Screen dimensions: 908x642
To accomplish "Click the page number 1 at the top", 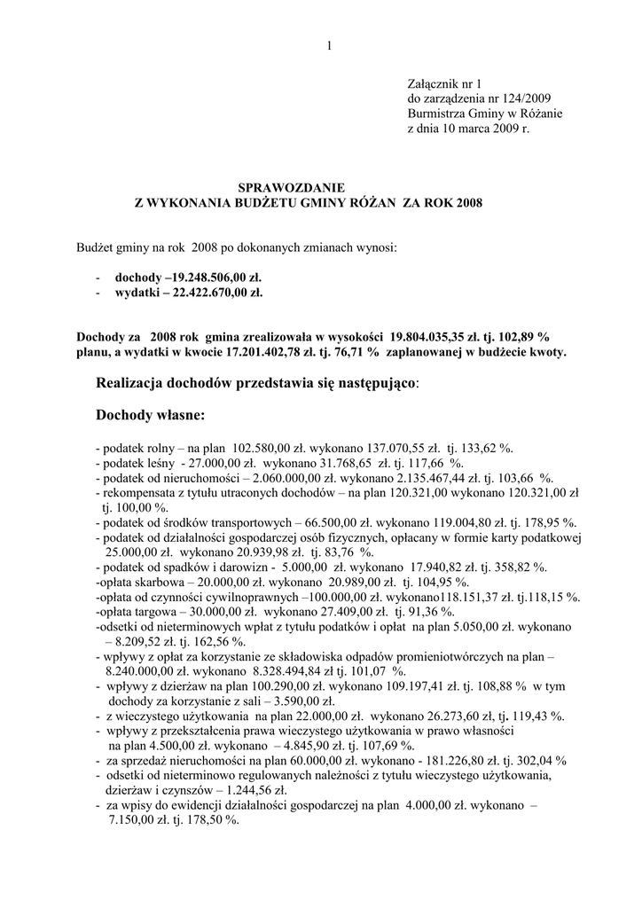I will click(x=328, y=46).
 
